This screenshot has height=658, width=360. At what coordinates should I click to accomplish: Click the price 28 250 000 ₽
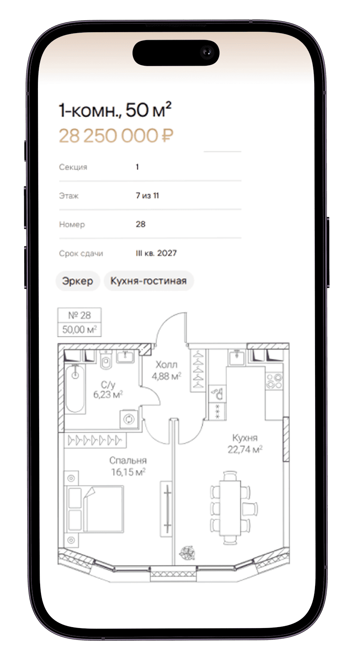(116, 136)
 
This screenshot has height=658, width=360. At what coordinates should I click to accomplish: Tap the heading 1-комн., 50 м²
(115, 110)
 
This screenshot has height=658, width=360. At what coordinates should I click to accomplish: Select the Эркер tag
(78, 281)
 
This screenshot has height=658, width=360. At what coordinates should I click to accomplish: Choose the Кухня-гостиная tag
(148, 281)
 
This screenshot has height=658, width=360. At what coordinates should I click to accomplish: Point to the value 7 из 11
(148, 196)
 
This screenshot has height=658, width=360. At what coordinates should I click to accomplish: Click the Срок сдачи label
(81, 253)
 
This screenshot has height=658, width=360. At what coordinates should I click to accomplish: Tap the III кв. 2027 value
(156, 253)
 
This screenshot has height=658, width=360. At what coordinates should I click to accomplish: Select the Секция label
(73, 167)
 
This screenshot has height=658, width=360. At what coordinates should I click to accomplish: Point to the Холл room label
(167, 365)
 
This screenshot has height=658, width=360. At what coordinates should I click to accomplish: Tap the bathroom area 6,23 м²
(108, 394)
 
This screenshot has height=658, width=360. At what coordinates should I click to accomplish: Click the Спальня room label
(128, 460)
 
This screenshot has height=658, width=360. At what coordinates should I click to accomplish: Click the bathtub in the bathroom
(75, 389)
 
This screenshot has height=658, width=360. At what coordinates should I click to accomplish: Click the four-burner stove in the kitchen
(274, 381)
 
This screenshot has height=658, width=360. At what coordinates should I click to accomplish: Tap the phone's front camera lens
(207, 52)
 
